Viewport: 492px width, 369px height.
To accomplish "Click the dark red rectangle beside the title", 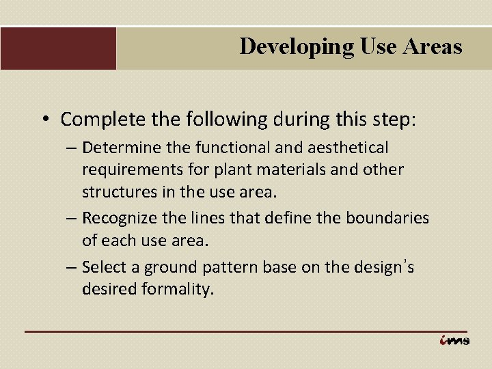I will tap(58, 48).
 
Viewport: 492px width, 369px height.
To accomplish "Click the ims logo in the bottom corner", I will tap(454, 340).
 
